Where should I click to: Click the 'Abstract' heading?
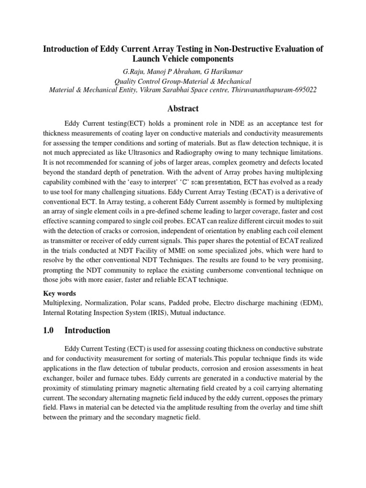click(183, 108)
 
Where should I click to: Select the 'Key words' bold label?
click(60, 294)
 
